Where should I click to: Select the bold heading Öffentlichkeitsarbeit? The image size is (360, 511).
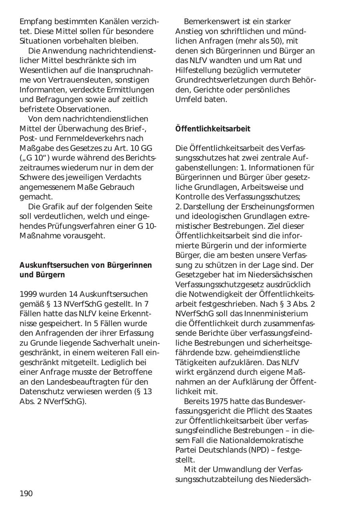[213, 129]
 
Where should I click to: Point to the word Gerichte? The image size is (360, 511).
[208, 90]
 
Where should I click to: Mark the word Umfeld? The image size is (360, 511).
[189, 100]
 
